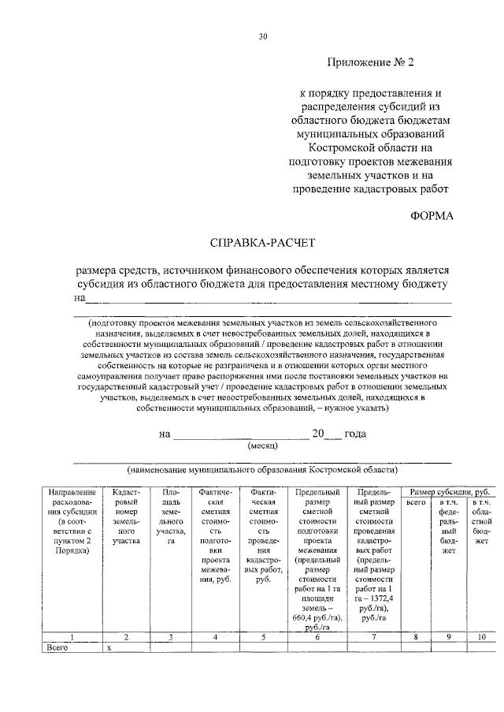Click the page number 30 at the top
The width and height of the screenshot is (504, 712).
[x=264, y=36]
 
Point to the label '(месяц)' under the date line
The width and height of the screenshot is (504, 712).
[x=261, y=445]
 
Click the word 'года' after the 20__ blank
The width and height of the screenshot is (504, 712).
[x=354, y=434]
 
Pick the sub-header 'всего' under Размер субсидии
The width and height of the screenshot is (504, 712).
[x=415, y=502]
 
